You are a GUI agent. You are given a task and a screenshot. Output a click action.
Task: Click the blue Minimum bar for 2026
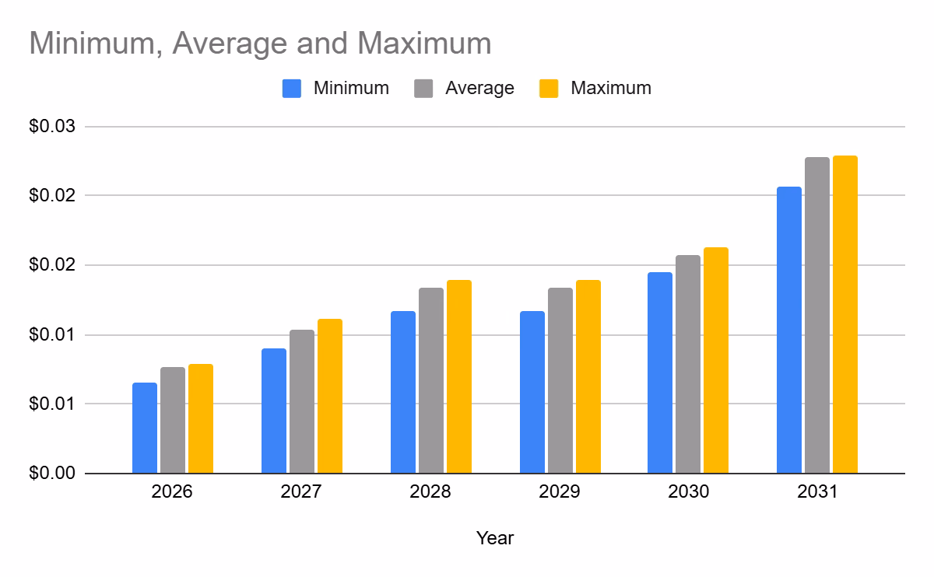tap(145, 428)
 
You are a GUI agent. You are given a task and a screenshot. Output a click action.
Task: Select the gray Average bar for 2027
tap(302, 401)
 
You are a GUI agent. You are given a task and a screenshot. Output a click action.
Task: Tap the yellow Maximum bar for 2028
tap(459, 376)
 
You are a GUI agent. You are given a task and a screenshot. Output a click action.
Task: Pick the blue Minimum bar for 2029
tap(532, 392)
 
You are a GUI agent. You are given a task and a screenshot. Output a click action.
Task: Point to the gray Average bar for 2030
tap(688, 364)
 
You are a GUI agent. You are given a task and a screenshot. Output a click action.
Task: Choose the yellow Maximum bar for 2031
tap(845, 314)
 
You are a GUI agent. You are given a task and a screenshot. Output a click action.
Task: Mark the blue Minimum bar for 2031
tap(789, 330)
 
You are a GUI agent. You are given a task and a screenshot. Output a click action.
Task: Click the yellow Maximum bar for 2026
tap(201, 418)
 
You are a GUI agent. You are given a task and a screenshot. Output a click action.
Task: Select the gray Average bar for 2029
tap(560, 380)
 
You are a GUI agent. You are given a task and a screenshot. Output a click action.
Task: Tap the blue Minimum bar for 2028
tap(403, 392)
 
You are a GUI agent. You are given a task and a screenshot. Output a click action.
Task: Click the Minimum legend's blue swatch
tap(292, 88)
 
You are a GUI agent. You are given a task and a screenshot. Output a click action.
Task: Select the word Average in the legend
tap(479, 88)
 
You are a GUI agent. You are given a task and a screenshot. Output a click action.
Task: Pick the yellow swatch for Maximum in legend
tap(550, 88)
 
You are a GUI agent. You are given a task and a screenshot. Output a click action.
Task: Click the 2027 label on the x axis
tap(302, 492)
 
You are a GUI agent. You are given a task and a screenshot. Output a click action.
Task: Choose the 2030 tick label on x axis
tap(688, 492)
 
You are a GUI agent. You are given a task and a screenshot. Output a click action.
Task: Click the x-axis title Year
tap(495, 537)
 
